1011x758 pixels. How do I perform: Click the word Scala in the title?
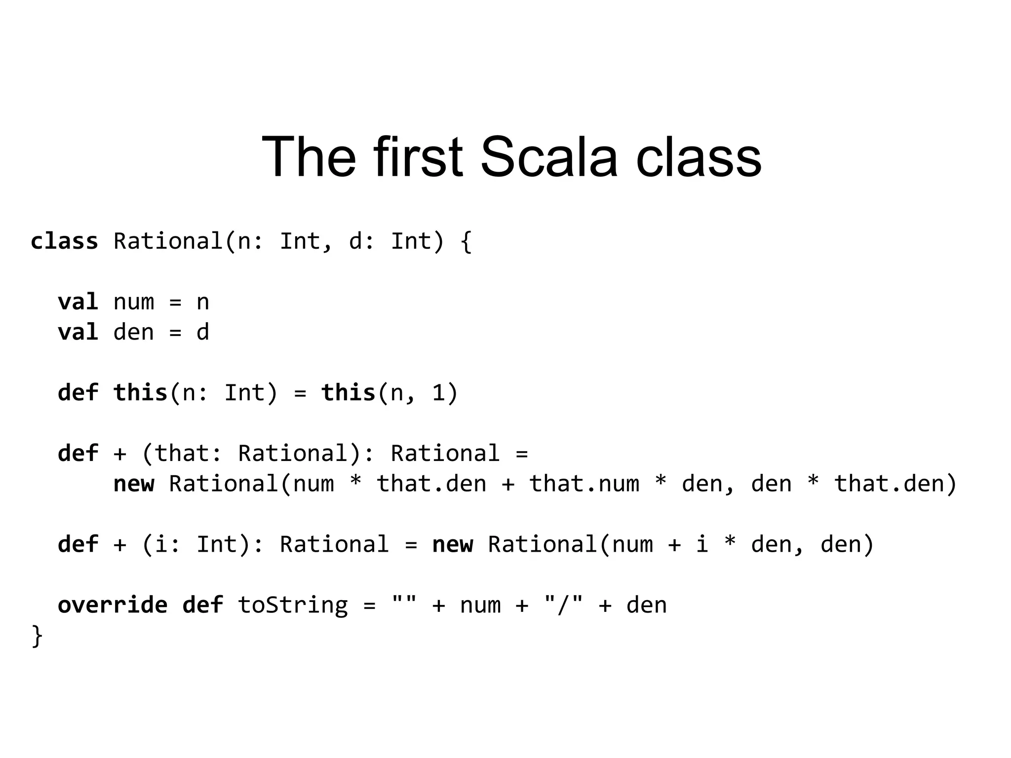click(548, 157)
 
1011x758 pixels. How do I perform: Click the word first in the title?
click(418, 157)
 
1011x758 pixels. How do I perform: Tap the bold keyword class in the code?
click(64, 241)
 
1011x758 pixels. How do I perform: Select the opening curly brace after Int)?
click(466, 242)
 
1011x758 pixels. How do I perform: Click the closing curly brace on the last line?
click(37, 636)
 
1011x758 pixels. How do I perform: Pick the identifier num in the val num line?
click(133, 302)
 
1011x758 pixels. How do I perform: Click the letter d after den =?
click(203, 332)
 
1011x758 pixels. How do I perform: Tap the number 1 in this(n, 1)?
click(438, 393)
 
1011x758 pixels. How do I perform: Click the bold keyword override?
click(113, 605)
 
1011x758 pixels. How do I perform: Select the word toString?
click(293, 605)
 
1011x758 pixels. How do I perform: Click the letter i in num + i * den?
click(702, 544)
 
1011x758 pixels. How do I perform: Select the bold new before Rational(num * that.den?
click(133, 484)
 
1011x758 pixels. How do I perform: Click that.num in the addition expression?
click(584, 484)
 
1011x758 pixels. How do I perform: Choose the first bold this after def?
click(141, 393)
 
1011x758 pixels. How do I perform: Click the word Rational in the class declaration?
click(168, 241)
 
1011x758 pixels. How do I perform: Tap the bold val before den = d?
click(78, 332)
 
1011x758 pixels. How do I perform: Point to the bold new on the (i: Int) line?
click(452, 544)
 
